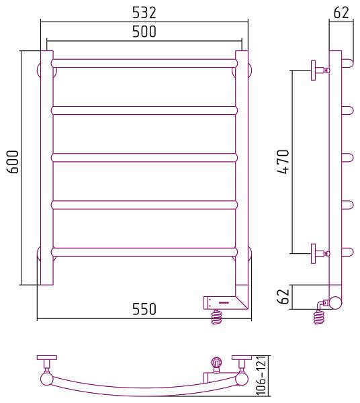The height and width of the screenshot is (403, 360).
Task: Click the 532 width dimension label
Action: coord(144,13)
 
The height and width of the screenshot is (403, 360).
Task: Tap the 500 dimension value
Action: coord(144,32)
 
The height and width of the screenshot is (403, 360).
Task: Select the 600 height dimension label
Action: coord(13,162)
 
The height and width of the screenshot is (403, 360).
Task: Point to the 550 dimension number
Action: coord(144,309)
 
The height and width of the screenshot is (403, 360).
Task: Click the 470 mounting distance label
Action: coord(283,162)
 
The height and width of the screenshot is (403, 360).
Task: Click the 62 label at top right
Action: coord(341,13)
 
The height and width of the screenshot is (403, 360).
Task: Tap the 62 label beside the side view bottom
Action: coord(283,296)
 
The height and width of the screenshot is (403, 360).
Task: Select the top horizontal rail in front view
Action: coord(144,64)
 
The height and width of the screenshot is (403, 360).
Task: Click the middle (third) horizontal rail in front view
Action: coord(144,158)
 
